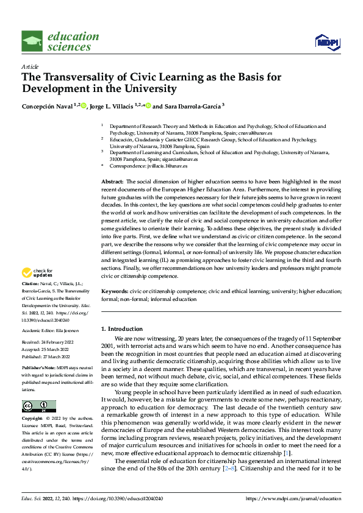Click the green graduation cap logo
(32, 41)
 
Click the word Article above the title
(29, 66)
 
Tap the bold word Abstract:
(112, 182)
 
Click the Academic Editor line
(53, 330)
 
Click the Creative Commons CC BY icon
(39, 405)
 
